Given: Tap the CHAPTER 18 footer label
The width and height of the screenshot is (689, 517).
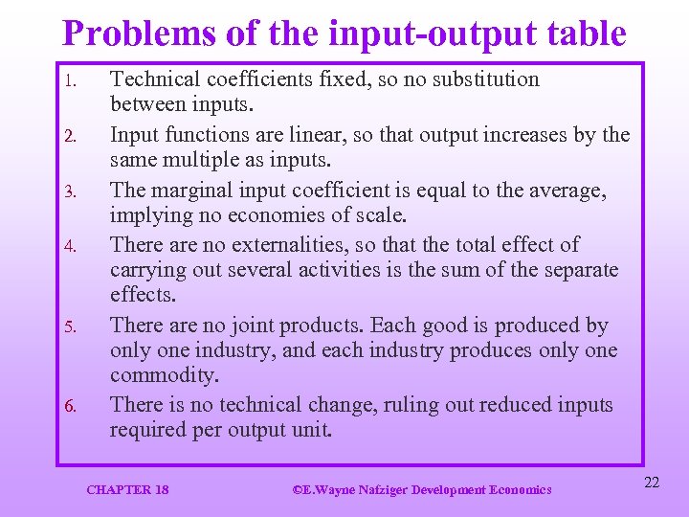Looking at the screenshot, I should (127, 489).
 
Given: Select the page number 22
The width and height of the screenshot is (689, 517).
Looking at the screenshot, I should (652, 483).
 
